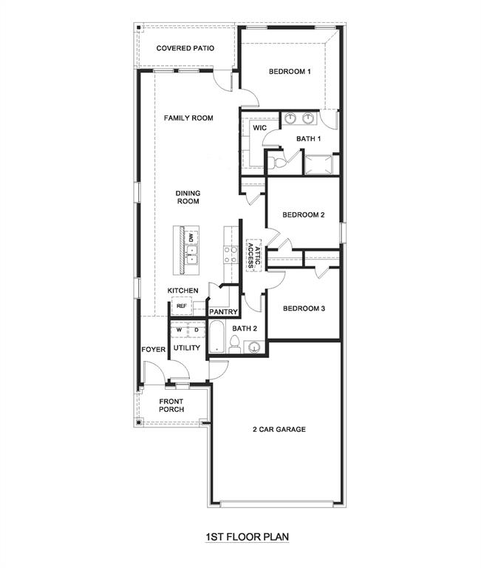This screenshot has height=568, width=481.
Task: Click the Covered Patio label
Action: [185, 48]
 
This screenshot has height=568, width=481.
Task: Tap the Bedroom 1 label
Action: [290, 72]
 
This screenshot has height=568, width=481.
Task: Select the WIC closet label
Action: [259, 128]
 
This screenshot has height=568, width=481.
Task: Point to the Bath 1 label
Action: [309, 138]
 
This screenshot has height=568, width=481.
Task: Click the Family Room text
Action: [188, 118]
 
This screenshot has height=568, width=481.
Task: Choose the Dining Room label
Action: [188, 197]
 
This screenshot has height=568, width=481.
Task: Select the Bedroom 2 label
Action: [304, 215]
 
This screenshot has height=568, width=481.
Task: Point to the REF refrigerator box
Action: [181, 305]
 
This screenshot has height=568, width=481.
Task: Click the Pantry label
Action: [222, 312]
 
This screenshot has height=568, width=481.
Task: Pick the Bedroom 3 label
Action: [304, 308]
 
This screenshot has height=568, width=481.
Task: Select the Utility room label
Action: [186, 348]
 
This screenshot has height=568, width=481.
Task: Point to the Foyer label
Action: [154, 349]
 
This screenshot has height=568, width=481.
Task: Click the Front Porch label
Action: [171, 405]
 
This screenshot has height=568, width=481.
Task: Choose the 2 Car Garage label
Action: [279, 429]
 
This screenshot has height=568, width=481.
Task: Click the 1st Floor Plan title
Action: [241, 538]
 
